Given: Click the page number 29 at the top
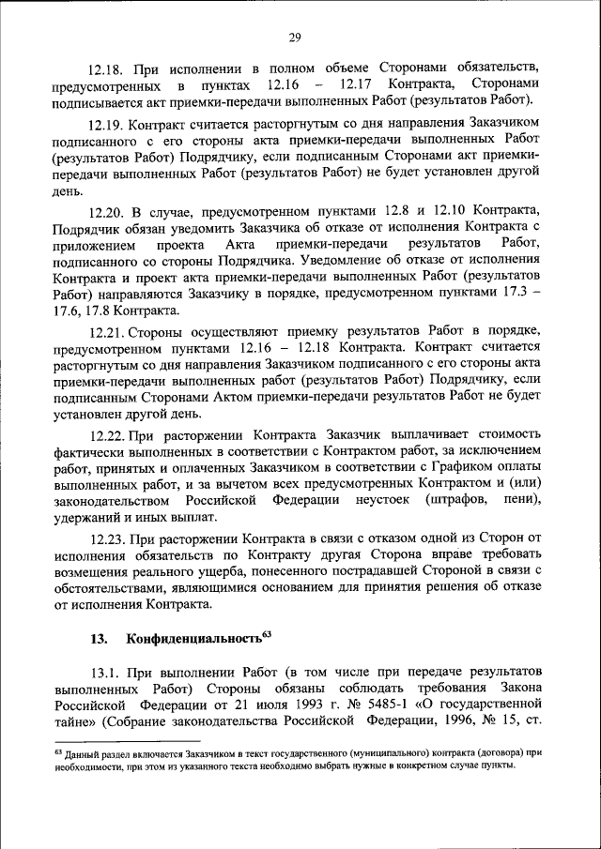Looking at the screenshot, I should pos(294,38).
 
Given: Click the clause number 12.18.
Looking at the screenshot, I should pos(104,69).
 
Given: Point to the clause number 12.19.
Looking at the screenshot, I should pos(104,123).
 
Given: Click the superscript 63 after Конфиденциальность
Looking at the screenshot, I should pos(266,635).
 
